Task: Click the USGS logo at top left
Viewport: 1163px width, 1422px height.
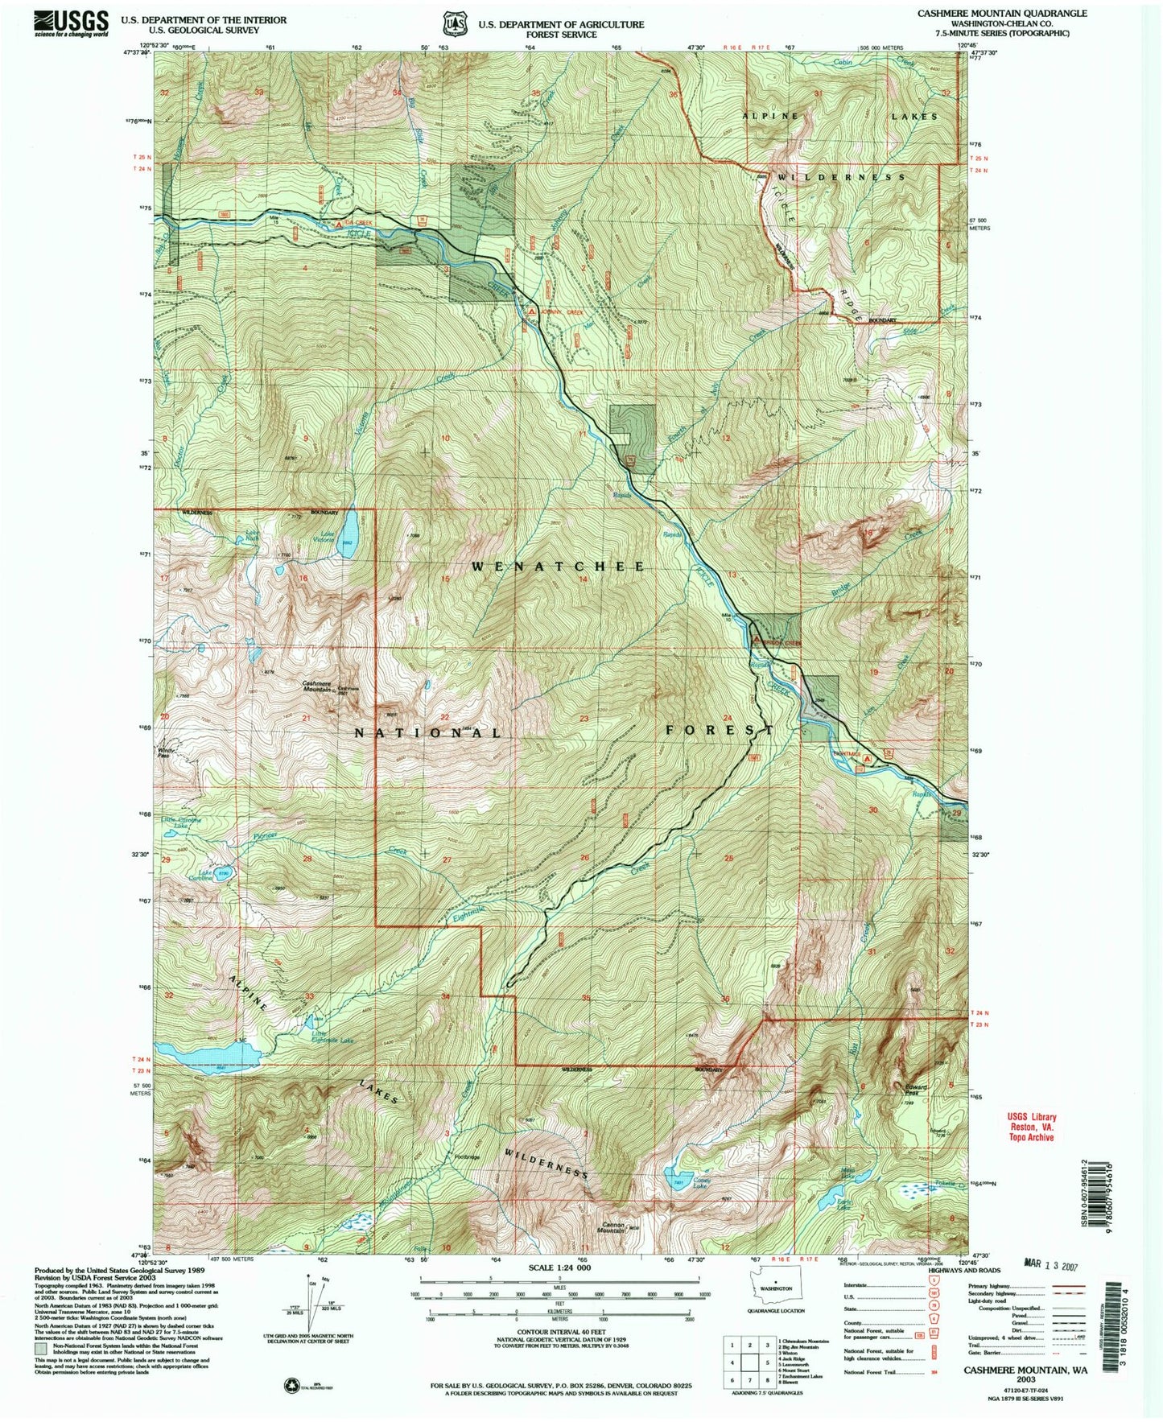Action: pyautogui.click(x=71, y=23)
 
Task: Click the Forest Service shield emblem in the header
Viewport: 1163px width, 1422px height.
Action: pyautogui.click(x=456, y=23)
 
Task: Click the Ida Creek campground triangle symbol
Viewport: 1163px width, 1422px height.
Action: pyautogui.click(x=338, y=225)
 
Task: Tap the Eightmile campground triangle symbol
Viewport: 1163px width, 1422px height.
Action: pyautogui.click(x=867, y=758)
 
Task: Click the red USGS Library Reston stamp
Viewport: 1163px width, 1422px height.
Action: pyautogui.click(x=1031, y=1127)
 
